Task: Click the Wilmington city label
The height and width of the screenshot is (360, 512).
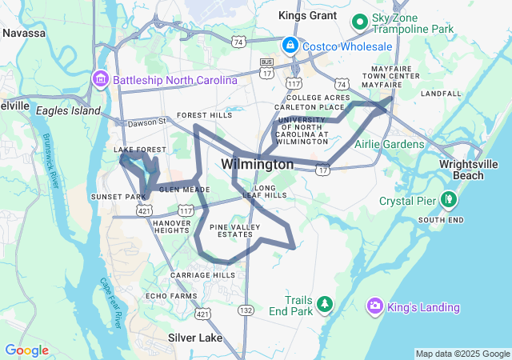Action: click(x=257, y=164)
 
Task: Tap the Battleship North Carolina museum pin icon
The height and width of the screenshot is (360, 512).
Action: click(x=101, y=80)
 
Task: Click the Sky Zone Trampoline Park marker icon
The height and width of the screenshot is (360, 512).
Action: click(x=360, y=21)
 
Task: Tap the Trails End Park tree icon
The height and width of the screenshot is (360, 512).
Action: click(x=324, y=303)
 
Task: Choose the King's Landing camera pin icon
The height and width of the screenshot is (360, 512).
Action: click(x=374, y=306)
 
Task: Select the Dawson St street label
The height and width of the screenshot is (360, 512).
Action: click(x=145, y=122)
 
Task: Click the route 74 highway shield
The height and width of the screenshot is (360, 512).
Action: click(x=342, y=83)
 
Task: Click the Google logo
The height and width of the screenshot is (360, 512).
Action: click(x=26, y=350)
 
